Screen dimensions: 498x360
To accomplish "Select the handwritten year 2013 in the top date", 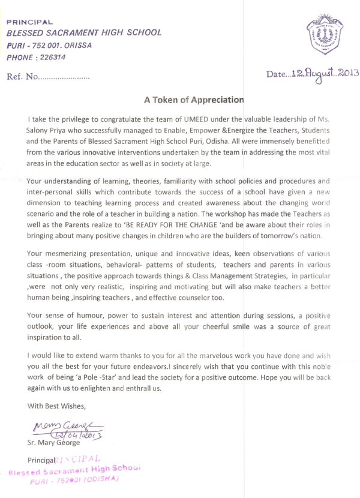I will (343, 75).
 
